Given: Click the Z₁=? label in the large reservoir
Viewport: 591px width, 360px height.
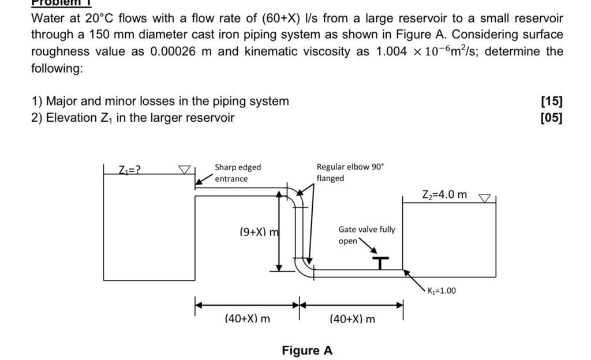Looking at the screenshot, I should [131, 170].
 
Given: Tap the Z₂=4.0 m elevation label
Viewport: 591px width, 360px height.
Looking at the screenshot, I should [445, 194].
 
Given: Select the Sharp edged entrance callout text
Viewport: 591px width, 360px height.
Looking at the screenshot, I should [238, 172].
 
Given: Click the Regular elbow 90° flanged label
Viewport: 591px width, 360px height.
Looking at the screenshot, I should [349, 172].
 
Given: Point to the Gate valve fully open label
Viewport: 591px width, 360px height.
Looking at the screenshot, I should [366, 235].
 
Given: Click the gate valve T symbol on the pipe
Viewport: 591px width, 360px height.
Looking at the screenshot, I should [380, 263].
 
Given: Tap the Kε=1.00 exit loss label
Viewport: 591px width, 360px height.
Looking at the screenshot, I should [442, 290].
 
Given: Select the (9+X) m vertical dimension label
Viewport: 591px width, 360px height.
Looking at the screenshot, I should [259, 232].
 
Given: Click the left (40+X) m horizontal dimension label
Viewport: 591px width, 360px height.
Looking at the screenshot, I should [246, 318].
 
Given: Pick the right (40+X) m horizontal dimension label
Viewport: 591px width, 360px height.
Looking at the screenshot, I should [351, 318].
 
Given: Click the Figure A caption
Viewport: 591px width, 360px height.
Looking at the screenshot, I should [307, 350].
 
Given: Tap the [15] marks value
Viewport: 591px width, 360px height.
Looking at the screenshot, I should [551, 102].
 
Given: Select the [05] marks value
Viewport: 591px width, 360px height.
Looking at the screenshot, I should [551, 118].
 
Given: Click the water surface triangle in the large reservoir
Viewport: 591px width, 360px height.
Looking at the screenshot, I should [184, 170].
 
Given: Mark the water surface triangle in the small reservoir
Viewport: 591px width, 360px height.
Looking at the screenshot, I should [485, 198].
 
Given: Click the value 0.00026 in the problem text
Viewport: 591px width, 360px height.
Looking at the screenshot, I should [173, 51].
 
